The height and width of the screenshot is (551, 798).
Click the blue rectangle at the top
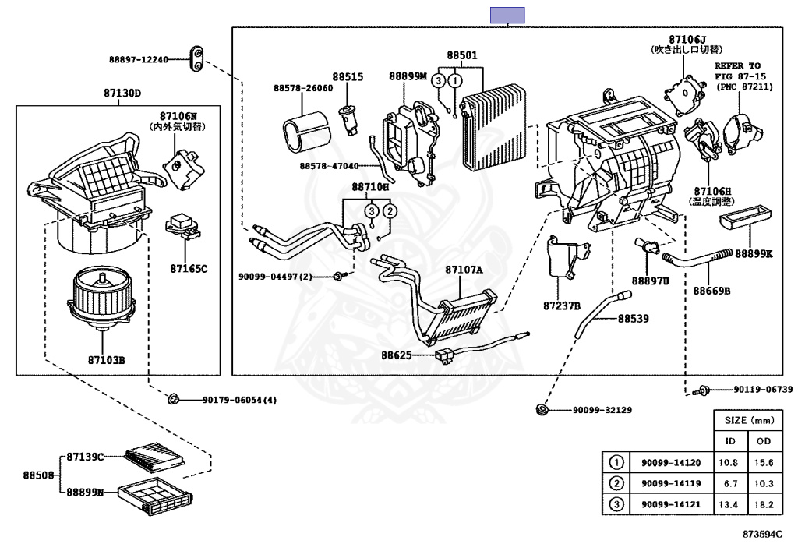507,15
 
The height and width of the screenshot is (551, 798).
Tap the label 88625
396,355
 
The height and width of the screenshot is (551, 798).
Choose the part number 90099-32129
602,410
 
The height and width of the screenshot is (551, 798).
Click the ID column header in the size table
730,441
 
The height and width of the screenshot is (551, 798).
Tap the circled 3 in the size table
616,504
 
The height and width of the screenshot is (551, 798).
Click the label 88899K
754,253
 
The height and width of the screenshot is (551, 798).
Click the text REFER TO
737,66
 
